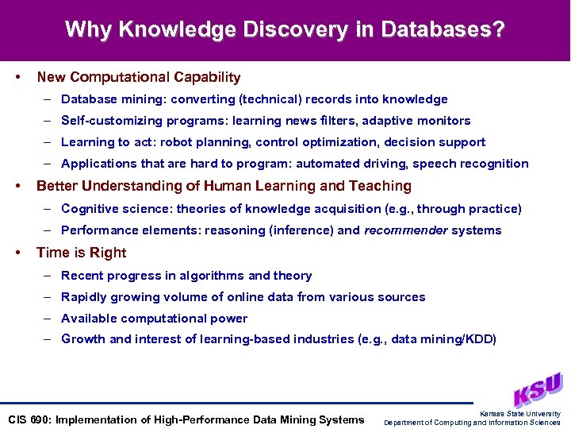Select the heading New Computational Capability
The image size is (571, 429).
(138, 77)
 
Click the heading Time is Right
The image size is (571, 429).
(81, 253)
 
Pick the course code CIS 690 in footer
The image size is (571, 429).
(28, 419)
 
